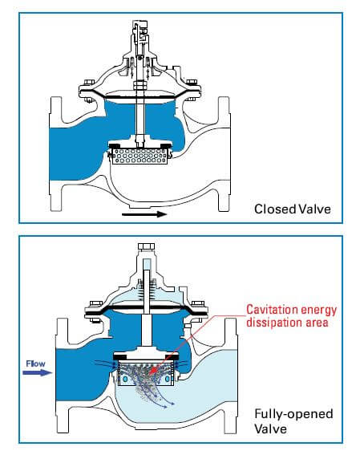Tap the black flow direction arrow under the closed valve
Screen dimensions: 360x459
pyautogui.click(x=144, y=214)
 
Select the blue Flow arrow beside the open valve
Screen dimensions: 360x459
pyautogui.click(x=37, y=372)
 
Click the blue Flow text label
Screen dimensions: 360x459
pyautogui.click(x=35, y=364)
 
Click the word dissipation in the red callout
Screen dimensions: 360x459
pyautogui.click(x=273, y=323)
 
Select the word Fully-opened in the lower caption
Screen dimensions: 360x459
pyautogui.click(x=293, y=414)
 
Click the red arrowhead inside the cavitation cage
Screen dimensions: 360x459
pyautogui.click(x=152, y=372)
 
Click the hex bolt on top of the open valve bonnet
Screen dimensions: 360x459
pyautogui.click(x=147, y=246)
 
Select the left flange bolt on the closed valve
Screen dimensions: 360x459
pyautogui.click(x=89, y=83)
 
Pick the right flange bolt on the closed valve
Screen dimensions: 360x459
pyautogui.click(x=192, y=83)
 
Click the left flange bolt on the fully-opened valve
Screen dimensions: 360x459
pyautogui.click(x=95, y=304)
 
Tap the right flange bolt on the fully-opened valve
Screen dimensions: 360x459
pyautogui.click(x=198, y=304)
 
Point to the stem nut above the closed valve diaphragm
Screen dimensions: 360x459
pyautogui.click(x=140, y=86)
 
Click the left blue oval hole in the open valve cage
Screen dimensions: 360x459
pyautogui.click(x=126, y=379)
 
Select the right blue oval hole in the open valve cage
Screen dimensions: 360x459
pyautogui.click(x=168, y=379)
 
